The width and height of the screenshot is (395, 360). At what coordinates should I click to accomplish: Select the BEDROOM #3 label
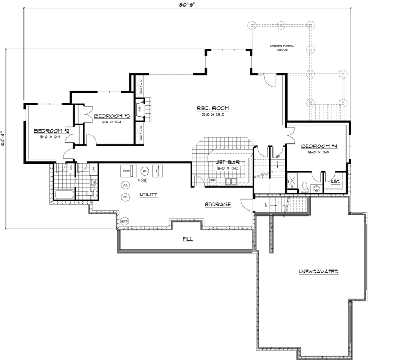pos(111,116)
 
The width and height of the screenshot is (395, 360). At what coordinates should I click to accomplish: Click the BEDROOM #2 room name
pos(51,131)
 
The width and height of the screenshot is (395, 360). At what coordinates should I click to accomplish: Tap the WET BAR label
pos(222,163)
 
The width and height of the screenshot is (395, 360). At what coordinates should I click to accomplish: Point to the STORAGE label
pos(218,205)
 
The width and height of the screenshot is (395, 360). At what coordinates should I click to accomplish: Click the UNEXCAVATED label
pos(319,271)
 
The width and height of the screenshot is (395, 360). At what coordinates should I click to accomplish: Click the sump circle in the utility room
pos(125,221)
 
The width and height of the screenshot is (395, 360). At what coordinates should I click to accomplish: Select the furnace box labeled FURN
pos(126,171)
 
